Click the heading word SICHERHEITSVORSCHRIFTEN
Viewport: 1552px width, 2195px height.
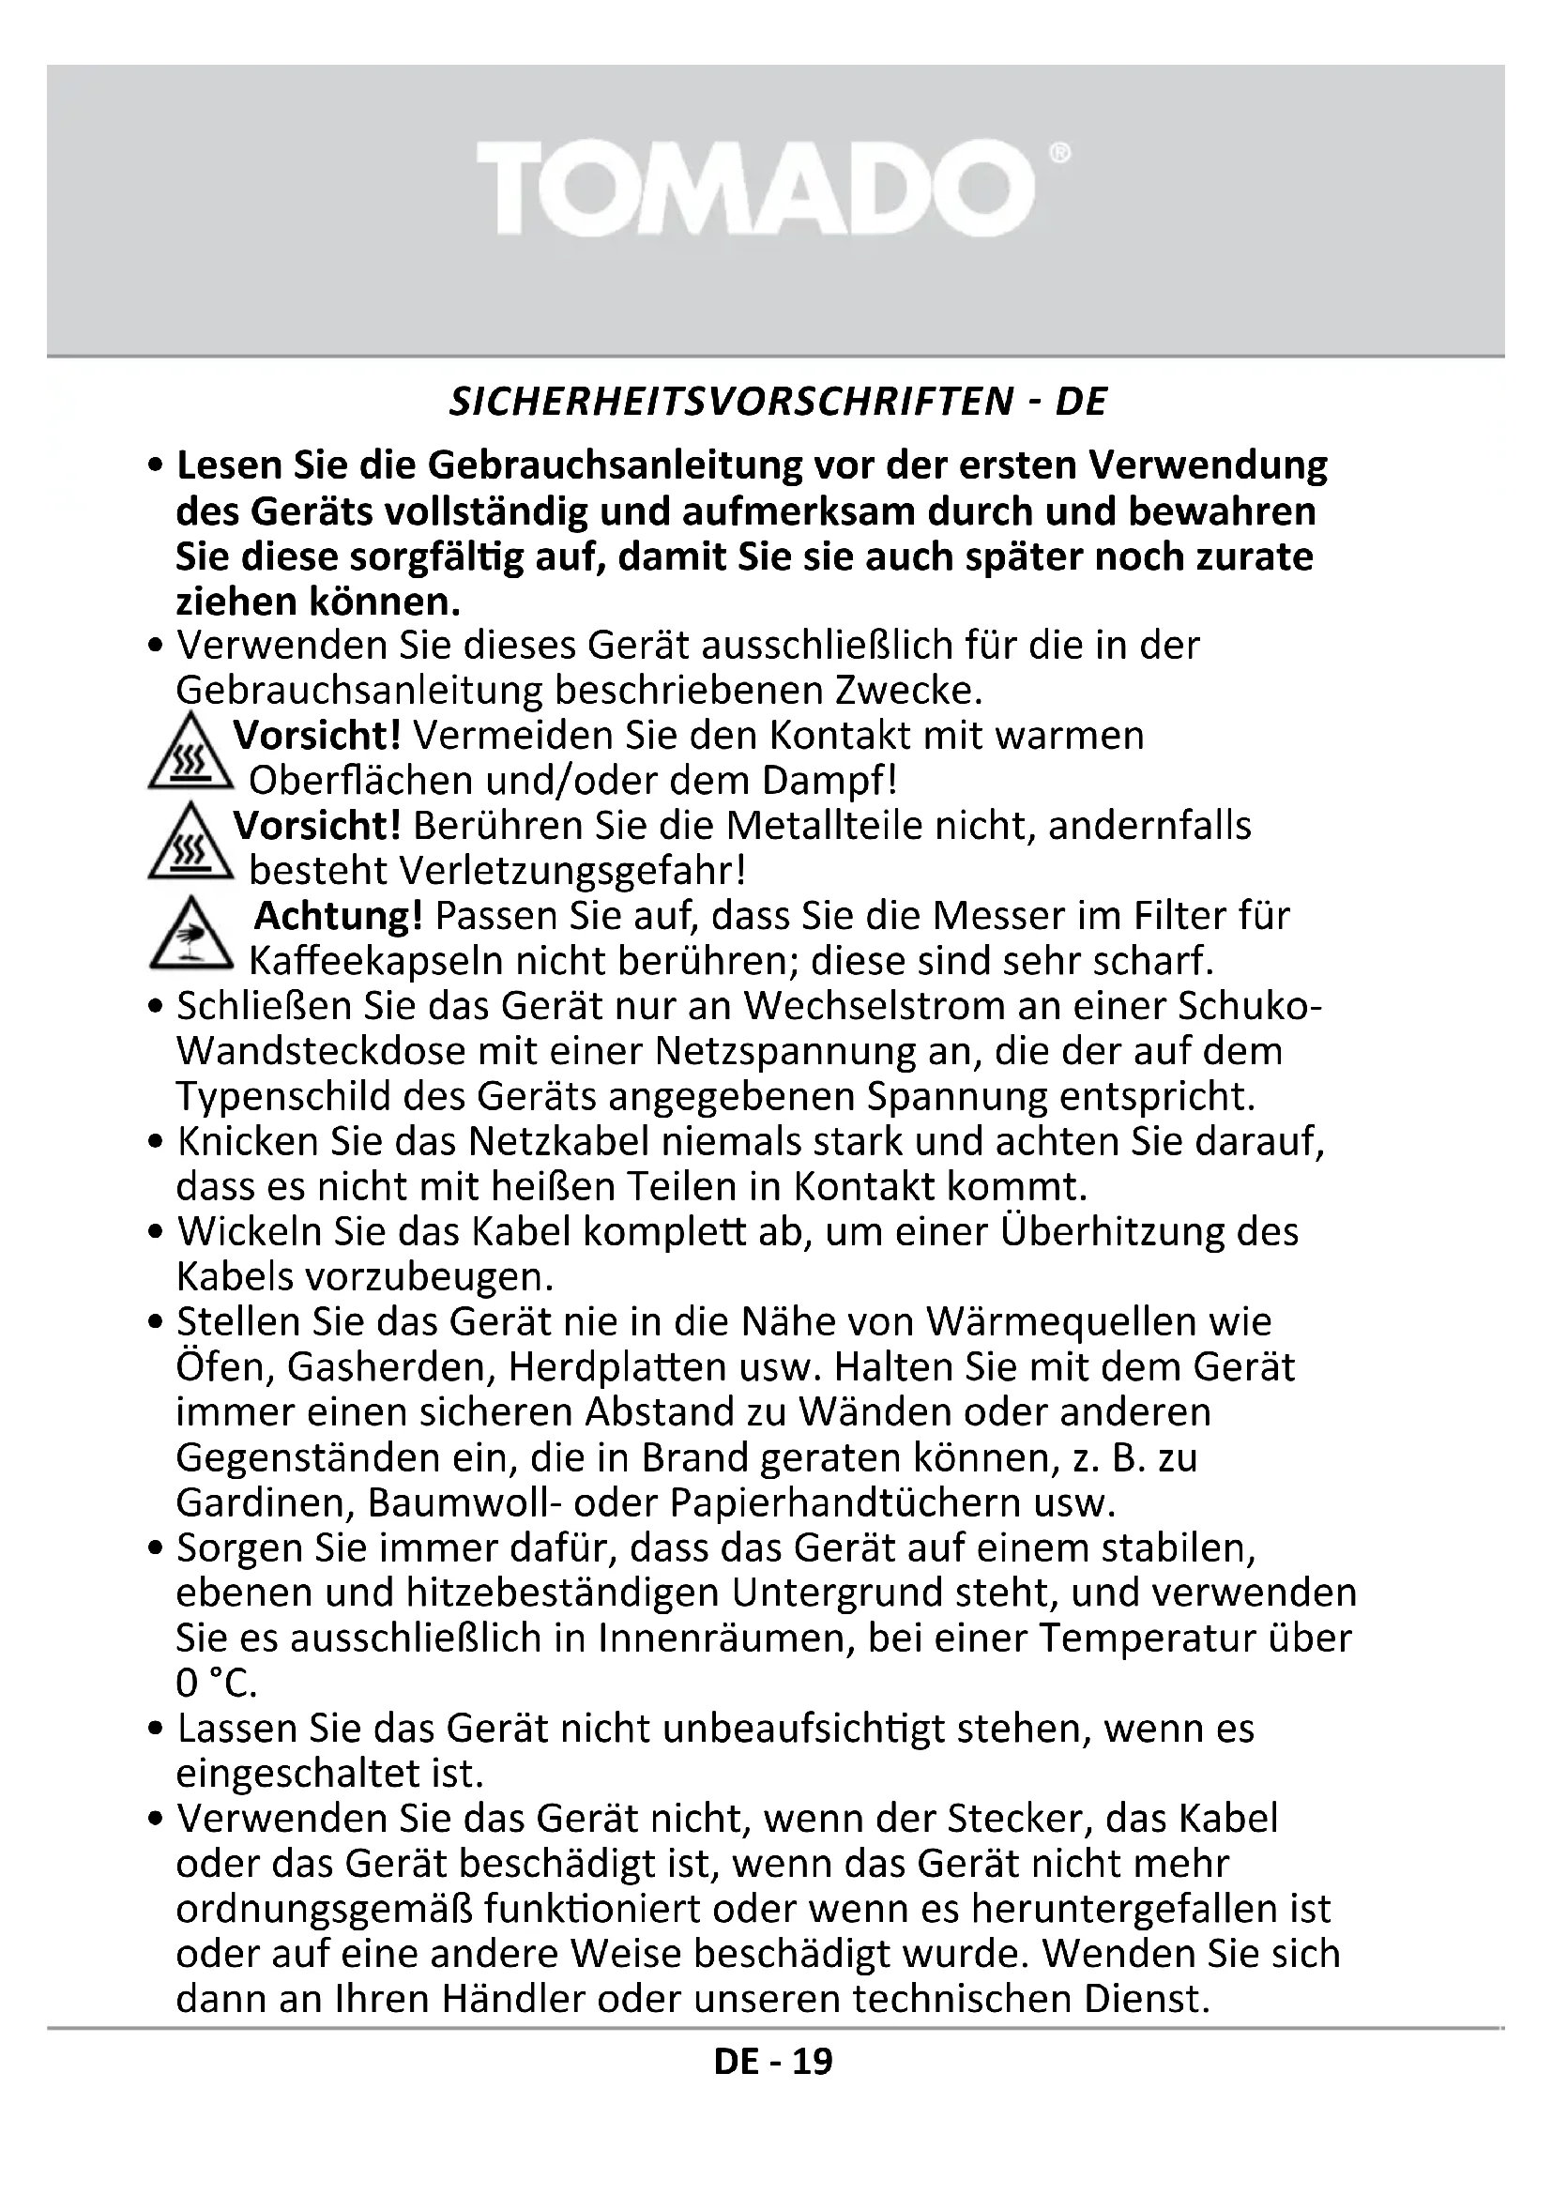730,403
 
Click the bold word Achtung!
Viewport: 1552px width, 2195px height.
339,917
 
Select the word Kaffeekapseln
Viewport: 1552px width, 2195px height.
376,961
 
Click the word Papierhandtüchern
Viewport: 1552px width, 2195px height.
845,1502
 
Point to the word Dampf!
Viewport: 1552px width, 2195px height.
829,781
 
